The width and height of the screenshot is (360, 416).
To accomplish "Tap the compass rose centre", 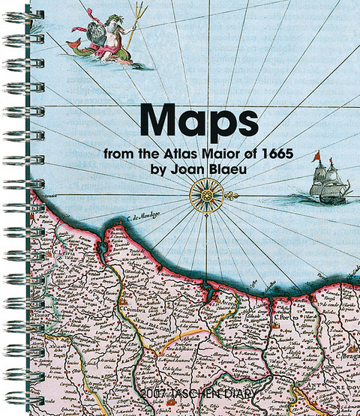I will tap(203, 195).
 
